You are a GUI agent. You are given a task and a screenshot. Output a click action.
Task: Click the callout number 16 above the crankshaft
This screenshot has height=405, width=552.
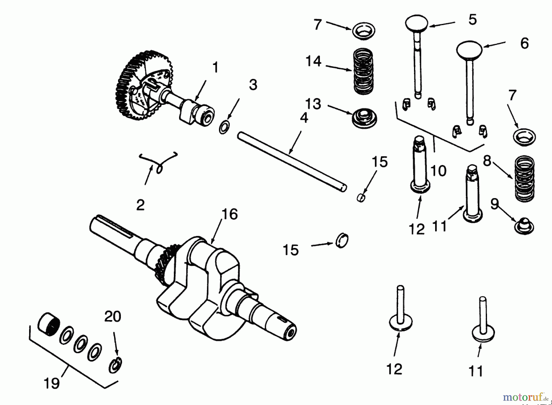(x=229, y=214)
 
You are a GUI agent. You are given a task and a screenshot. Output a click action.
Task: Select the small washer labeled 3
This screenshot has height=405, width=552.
(x=224, y=127)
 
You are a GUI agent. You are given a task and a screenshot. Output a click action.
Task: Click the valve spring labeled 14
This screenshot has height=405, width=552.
(x=363, y=71)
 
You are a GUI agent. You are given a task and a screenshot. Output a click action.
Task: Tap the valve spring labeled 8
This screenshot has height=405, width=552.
(x=524, y=178)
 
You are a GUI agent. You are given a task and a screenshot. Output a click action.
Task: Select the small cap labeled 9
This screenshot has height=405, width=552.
(x=524, y=226)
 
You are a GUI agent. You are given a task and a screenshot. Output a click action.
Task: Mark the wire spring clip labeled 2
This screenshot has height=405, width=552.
(x=158, y=161)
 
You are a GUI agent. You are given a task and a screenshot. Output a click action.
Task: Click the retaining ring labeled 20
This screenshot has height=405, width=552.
(x=116, y=365)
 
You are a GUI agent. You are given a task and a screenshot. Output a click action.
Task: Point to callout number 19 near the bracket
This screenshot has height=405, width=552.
(x=52, y=383)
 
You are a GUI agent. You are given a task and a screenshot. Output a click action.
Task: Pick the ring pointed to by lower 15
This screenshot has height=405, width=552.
(x=342, y=241)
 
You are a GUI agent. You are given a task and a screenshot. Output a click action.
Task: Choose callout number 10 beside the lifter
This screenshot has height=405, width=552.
(x=438, y=171)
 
